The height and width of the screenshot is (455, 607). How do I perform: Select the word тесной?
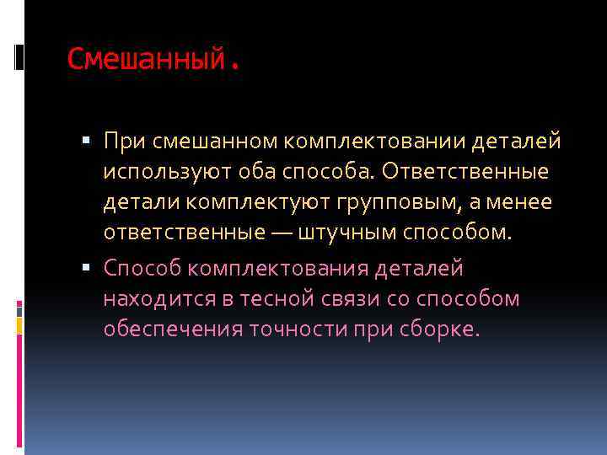(270, 298)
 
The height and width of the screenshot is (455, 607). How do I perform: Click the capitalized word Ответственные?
(465, 172)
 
